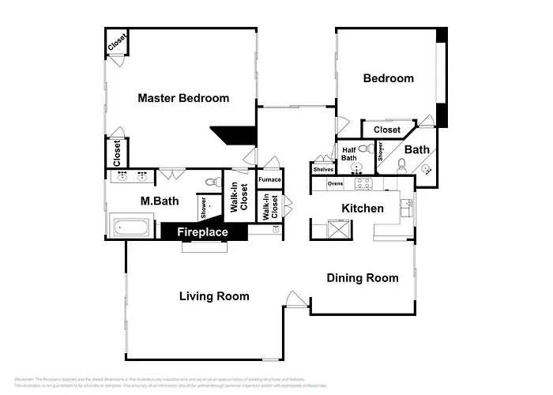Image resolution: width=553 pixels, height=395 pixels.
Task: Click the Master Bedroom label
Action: (x=183, y=99)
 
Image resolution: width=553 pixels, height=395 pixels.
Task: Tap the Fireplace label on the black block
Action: (x=202, y=232)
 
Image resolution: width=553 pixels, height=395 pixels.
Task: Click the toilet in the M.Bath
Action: (x=213, y=182)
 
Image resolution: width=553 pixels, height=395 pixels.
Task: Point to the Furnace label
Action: (x=269, y=180)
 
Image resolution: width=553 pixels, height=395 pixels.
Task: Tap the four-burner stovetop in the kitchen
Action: (x=363, y=184)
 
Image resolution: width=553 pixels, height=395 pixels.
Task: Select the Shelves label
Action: (x=322, y=169)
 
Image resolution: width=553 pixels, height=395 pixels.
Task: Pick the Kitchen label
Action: (x=363, y=209)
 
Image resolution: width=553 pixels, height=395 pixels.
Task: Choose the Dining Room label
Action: (x=363, y=278)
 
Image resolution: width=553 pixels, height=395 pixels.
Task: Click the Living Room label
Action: (x=214, y=296)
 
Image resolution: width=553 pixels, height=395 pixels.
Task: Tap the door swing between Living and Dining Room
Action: (x=294, y=300)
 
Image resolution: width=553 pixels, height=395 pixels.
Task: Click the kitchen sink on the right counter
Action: (x=408, y=207)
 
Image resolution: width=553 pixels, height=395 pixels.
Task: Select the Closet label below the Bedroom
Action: (x=387, y=130)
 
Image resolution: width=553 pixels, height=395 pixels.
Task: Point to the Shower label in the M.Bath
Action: (x=204, y=208)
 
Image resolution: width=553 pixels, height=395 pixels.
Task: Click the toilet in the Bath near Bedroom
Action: (x=401, y=165)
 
